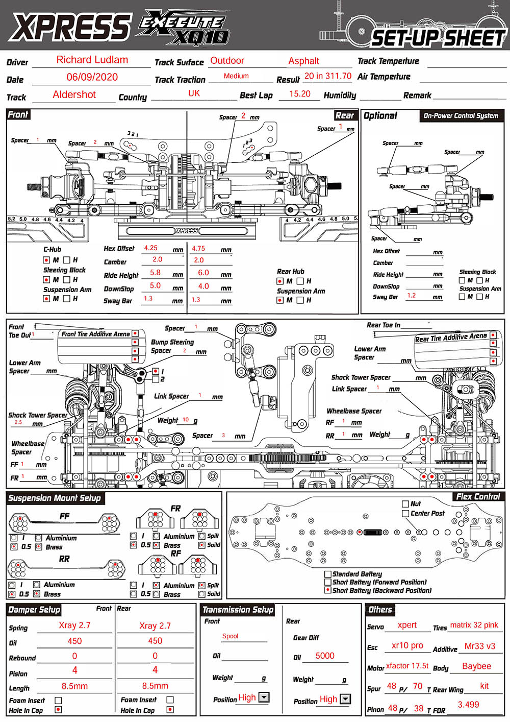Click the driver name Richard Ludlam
tap(92, 60)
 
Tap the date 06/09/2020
tap(92, 77)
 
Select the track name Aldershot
tap(74, 94)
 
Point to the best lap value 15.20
tap(300, 94)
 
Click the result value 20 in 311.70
tap(327, 76)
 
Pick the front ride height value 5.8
tap(155, 273)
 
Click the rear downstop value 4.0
tap(203, 286)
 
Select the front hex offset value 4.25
tap(150, 248)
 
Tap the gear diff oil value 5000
tap(325, 656)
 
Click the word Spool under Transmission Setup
tap(230, 636)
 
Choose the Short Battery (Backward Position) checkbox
tap(328, 590)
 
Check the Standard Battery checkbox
tap(328, 574)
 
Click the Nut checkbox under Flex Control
tap(405, 504)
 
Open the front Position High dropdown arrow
tap(264, 697)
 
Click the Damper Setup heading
tap(34, 610)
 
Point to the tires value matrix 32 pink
tap(474, 625)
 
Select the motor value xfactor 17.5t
tap(407, 666)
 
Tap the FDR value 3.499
tap(468, 705)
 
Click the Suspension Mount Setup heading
tap(55, 498)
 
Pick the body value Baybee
tap(476, 666)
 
